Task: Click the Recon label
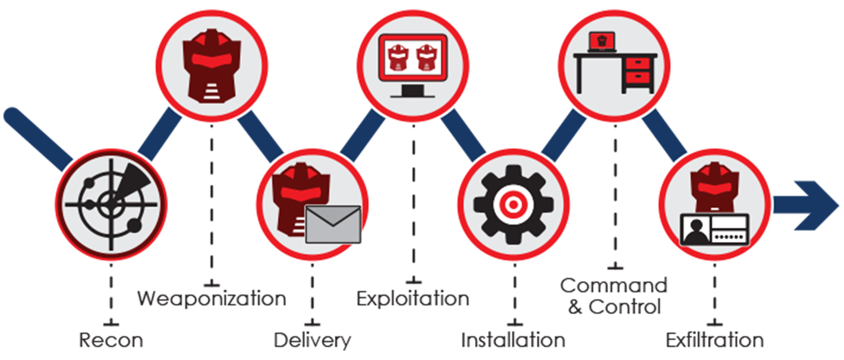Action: point(111,340)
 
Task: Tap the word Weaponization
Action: point(212,298)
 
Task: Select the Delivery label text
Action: point(312,340)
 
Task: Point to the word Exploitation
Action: point(413,298)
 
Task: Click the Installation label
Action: point(514,340)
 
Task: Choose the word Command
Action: point(614,286)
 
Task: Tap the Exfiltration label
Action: point(714,340)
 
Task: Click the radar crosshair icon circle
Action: point(111,204)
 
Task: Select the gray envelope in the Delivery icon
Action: point(333,224)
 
